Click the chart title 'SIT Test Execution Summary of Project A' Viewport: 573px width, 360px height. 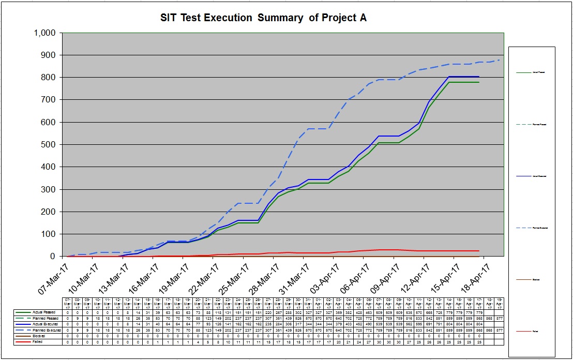tap(264, 18)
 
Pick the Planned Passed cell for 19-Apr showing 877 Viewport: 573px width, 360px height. tap(499, 318)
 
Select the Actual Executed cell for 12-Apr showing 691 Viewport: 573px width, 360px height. tap(429, 324)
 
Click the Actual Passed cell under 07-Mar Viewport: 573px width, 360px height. tap(67, 312)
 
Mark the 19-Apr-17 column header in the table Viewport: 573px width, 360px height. tap(499, 303)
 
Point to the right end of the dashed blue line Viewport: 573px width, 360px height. tap(499, 60)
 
